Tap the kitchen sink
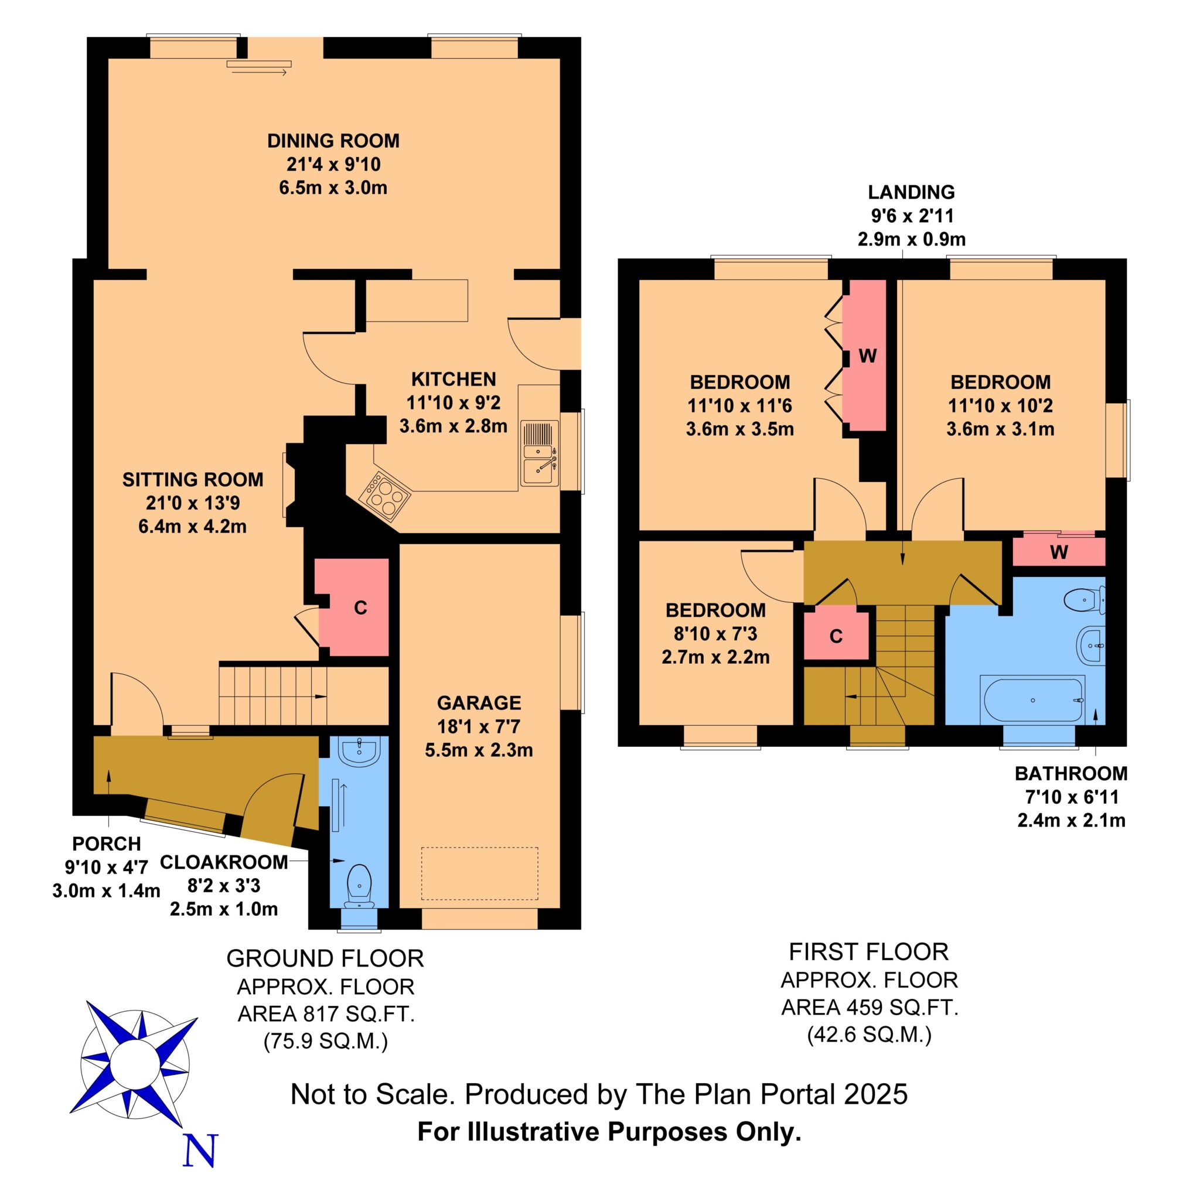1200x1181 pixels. tap(539, 453)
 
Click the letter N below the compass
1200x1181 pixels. tap(201, 1149)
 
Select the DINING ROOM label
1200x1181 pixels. tap(333, 141)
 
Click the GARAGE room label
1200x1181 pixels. tap(479, 703)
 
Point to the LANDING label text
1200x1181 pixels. tap(911, 192)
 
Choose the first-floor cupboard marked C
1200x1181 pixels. tap(836, 636)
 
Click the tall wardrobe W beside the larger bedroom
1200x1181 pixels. tap(867, 355)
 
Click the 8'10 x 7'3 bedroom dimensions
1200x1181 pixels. tap(715, 634)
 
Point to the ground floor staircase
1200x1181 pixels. tap(304, 695)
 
